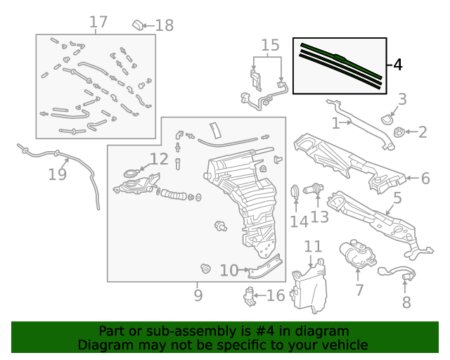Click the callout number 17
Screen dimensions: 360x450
(98, 22)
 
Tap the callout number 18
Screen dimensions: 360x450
(164, 26)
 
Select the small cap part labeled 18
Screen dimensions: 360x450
(137, 26)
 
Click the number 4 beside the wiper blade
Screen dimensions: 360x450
(397, 65)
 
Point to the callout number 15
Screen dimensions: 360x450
(270, 46)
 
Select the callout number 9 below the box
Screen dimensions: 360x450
(198, 295)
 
